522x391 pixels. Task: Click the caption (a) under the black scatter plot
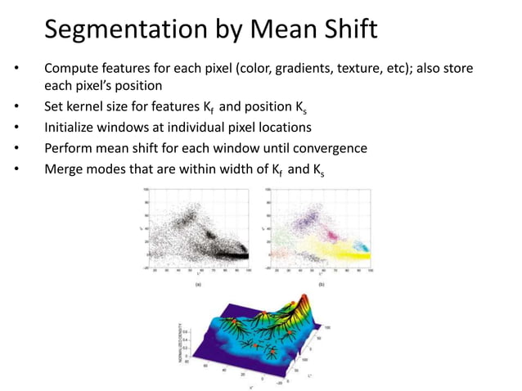[x=197, y=284]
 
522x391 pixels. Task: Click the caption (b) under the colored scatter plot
[x=322, y=284]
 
